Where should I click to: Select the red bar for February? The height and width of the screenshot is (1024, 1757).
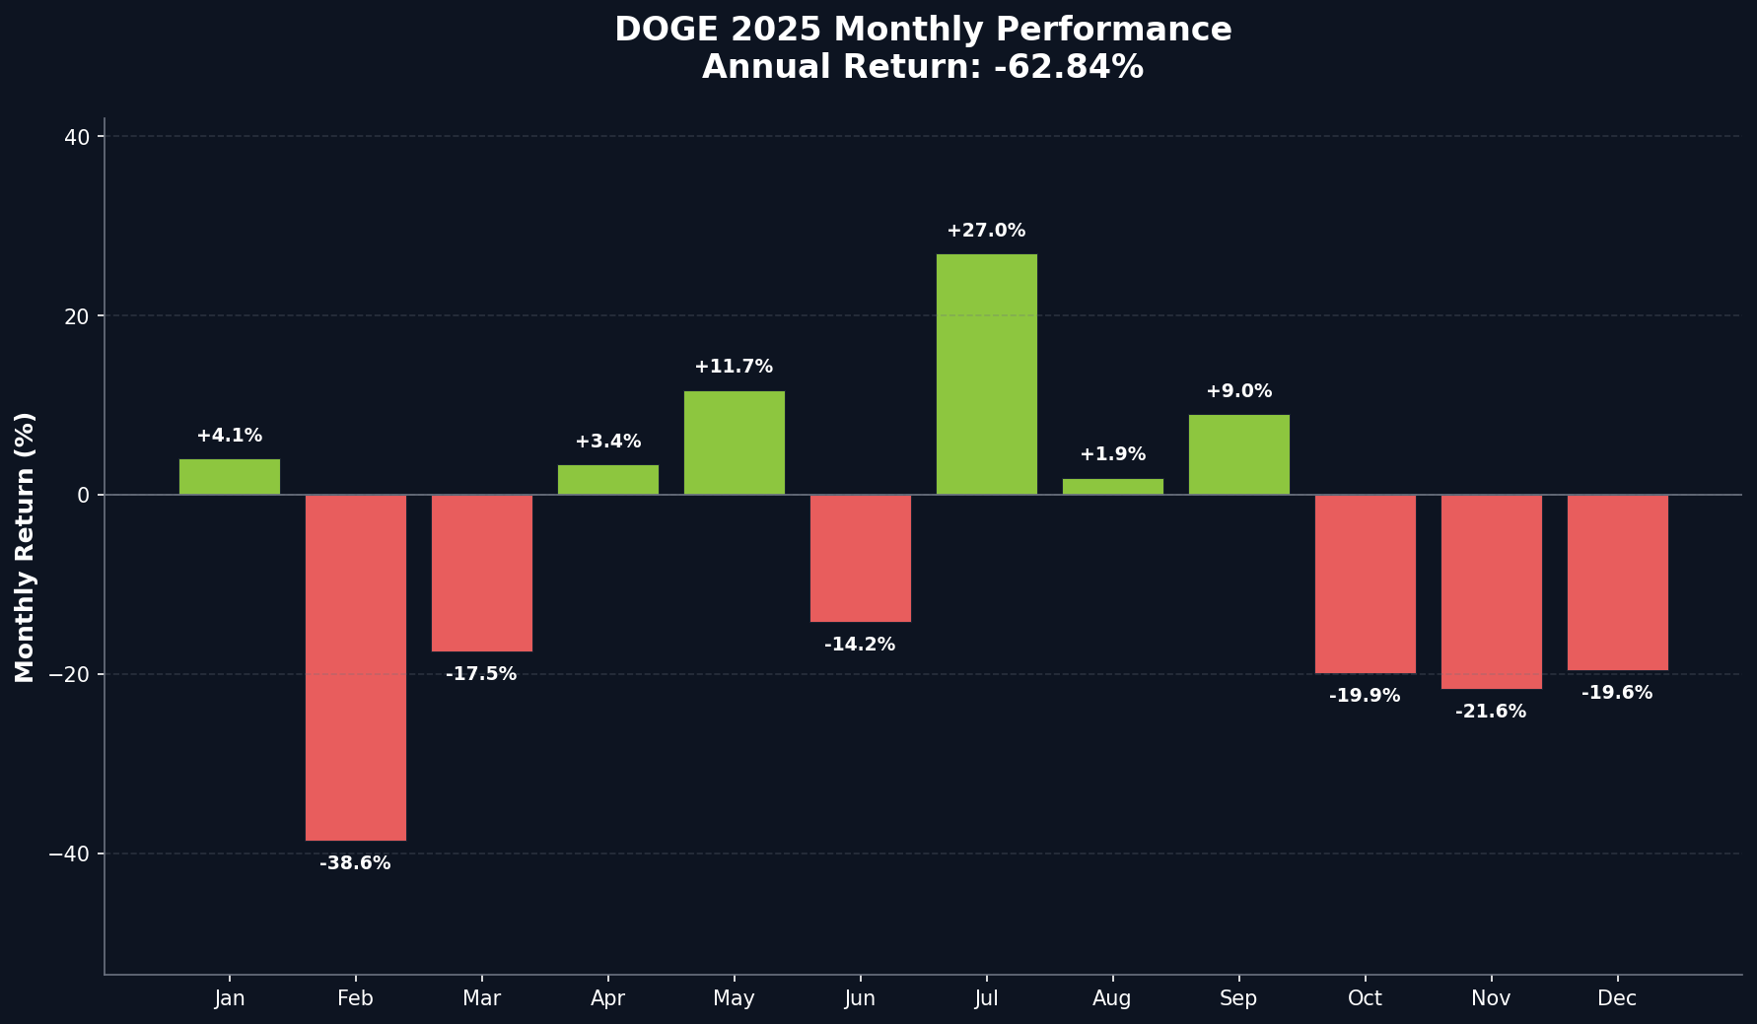[356, 667]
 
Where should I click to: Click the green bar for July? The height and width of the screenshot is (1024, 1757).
[986, 375]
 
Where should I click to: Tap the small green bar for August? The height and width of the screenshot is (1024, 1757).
[1112, 487]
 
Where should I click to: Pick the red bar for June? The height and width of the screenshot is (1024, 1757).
[861, 558]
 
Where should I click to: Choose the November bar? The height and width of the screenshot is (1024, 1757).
[1491, 591]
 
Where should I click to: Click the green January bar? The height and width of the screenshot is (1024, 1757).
[230, 477]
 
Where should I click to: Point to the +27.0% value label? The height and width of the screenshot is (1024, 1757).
[986, 231]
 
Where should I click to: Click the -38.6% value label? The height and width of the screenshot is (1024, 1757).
[355, 863]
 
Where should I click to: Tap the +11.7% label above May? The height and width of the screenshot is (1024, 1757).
[734, 367]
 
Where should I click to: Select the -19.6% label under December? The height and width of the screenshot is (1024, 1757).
[1617, 693]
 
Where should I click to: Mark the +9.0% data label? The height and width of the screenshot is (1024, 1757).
[1238, 391]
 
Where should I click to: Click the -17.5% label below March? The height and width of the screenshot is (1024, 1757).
[481, 674]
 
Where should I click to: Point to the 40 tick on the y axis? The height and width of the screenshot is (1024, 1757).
[77, 137]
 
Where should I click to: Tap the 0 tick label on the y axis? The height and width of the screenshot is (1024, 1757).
[84, 495]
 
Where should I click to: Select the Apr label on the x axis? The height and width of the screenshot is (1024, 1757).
[607, 998]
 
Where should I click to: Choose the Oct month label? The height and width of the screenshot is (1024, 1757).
[1365, 998]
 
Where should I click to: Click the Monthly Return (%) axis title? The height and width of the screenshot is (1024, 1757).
[26, 547]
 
